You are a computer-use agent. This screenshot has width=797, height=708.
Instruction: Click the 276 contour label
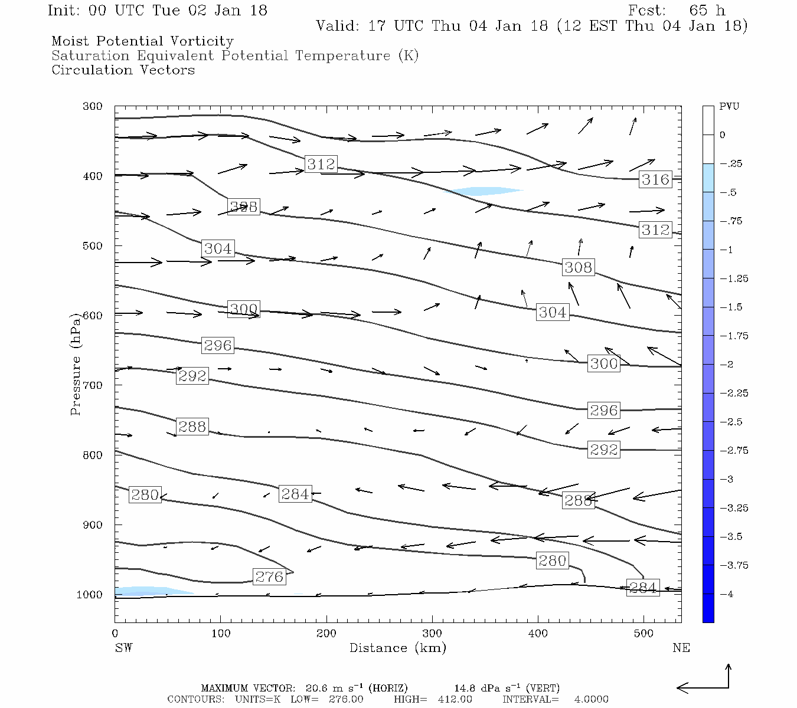pyautogui.click(x=269, y=576)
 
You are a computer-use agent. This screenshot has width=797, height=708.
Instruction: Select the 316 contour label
pyautogui.click(x=655, y=179)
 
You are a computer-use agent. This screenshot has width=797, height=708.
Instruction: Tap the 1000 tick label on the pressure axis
pyautogui.click(x=90, y=595)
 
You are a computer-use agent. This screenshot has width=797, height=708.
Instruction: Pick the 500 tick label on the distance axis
pyautogui.click(x=644, y=634)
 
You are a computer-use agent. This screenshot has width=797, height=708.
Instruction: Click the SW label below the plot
pyautogui.click(x=123, y=648)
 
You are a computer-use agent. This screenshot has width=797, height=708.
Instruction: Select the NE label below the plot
pyautogui.click(x=681, y=648)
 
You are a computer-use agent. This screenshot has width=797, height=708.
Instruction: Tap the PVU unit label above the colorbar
pyautogui.click(x=729, y=106)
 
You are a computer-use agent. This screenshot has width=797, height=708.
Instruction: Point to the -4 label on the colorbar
pyautogui.click(x=727, y=594)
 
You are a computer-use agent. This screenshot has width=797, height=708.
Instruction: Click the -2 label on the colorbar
pyautogui.click(x=727, y=365)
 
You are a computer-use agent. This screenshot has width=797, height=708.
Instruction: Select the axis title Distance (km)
pyautogui.click(x=397, y=648)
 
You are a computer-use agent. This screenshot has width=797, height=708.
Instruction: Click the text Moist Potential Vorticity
pyautogui.click(x=142, y=41)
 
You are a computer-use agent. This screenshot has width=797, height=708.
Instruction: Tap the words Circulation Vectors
pyautogui.click(x=123, y=70)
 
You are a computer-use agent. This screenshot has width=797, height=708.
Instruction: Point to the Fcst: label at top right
pyautogui.click(x=646, y=11)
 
